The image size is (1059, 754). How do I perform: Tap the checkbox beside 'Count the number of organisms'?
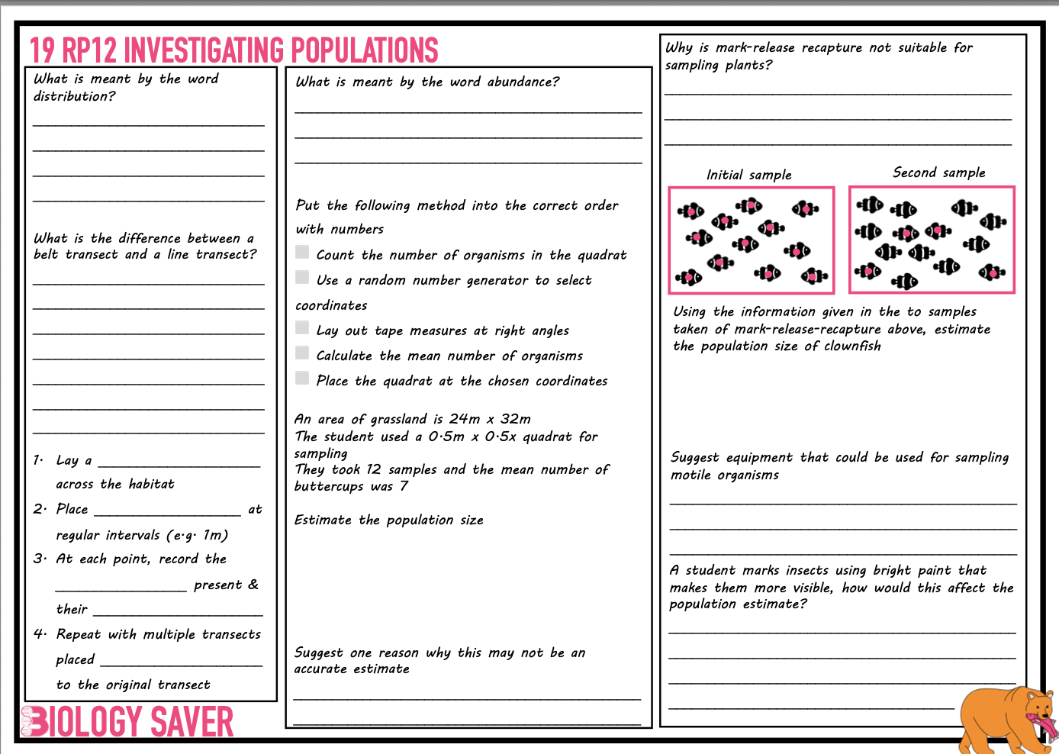coord(303,253)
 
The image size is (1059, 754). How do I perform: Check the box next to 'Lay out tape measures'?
coord(303,328)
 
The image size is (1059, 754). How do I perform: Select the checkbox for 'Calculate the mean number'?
coord(303,353)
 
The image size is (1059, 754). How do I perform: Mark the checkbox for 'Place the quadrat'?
coord(303,379)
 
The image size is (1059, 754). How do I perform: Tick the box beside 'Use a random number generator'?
coord(303,278)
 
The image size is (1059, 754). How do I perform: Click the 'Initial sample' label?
coord(748,175)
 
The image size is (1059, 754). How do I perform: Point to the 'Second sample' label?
coord(938,172)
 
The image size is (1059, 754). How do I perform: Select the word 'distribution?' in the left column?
coord(75,96)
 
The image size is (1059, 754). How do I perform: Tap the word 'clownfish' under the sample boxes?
coord(852,346)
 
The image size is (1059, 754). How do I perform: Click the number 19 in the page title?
coord(42,50)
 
